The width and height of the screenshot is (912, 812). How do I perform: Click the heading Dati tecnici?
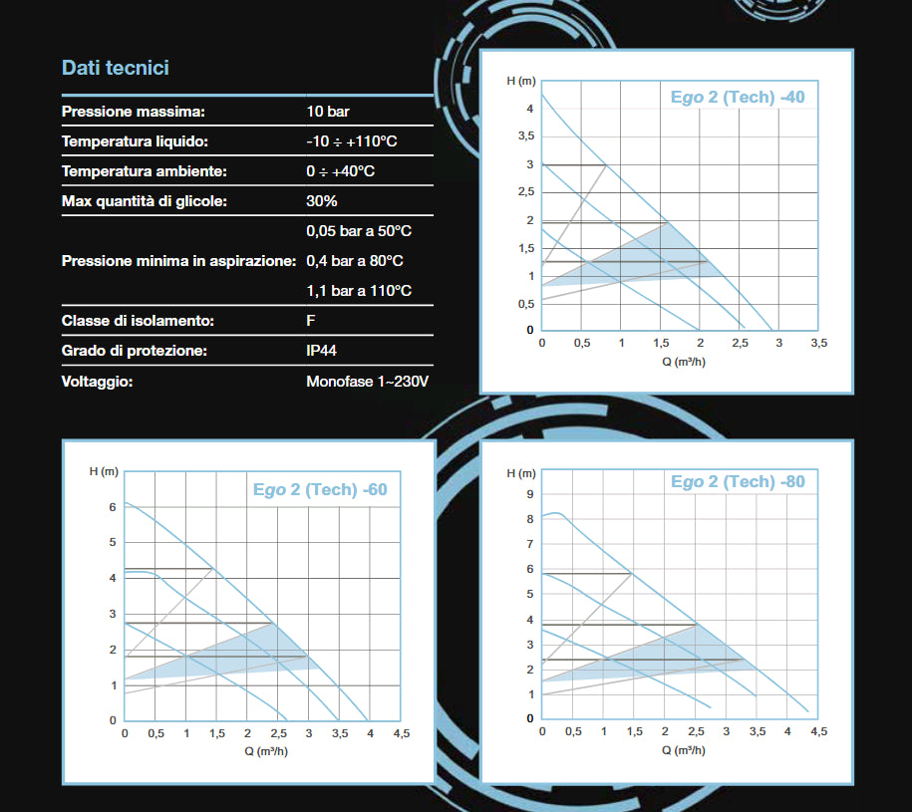(116, 68)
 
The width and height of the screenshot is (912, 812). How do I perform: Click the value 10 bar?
(328, 112)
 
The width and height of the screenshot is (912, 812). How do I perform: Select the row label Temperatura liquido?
(135, 141)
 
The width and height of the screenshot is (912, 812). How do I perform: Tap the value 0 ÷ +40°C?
(341, 171)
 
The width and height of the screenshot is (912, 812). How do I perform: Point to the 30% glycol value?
(322, 201)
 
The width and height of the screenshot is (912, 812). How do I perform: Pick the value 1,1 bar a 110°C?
(359, 291)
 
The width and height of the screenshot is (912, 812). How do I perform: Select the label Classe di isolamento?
(139, 321)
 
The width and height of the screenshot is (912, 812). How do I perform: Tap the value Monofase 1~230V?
(367, 381)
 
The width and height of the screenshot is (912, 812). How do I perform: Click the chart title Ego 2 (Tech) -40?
(738, 97)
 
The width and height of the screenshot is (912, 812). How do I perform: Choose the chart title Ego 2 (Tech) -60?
(320, 490)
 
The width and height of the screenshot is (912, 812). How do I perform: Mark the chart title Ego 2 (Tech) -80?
(738, 482)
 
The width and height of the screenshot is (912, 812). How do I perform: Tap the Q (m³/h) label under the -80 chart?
(684, 749)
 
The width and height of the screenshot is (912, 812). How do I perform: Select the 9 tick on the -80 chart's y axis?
(531, 494)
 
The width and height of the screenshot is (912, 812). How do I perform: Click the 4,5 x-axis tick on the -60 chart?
(400, 733)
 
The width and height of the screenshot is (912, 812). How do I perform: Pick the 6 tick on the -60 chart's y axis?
(113, 507)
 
